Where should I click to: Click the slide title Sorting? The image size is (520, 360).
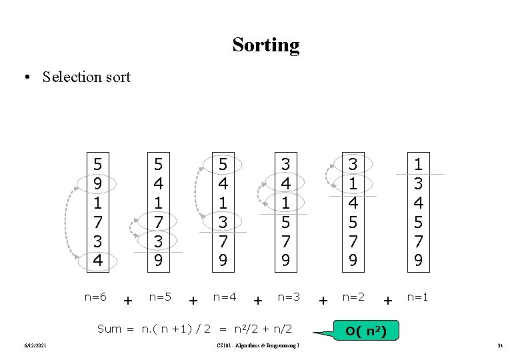[x=266, y=45]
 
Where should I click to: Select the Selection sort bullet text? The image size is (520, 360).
[x=86, y=77]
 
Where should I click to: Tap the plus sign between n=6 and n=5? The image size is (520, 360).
[x=127, y=301]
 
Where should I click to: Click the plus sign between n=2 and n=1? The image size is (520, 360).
[x=387, y=301]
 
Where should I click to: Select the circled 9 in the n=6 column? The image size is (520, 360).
[x=98, y=182]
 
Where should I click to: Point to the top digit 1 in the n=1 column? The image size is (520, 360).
[x=418, y=163]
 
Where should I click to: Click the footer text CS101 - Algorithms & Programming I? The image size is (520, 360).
[x=258, y=345]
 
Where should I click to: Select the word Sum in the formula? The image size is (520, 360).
[x=109, y=328]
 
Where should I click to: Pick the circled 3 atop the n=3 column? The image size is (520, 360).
[x=286, y=163]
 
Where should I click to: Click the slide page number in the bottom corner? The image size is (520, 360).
[x=499, y=345]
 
